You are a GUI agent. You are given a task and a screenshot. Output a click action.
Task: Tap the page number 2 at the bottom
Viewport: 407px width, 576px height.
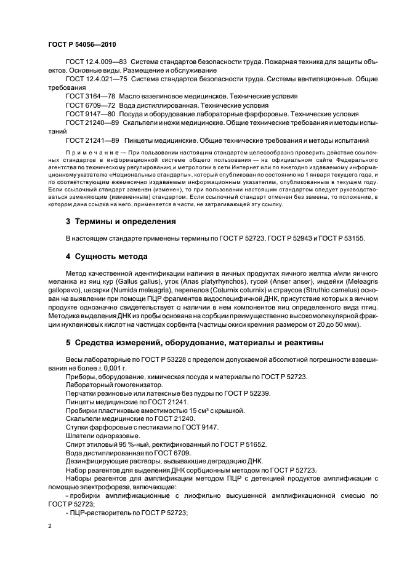pos(49,526)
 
